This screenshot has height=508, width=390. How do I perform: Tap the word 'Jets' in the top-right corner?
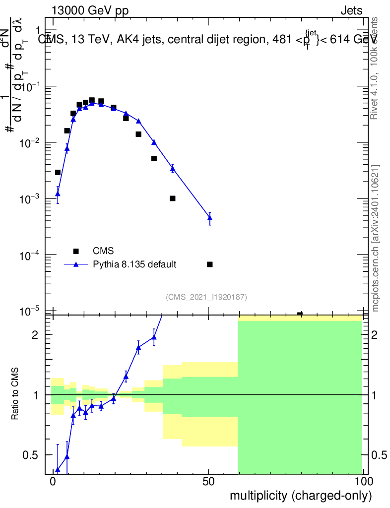click(x=351, y=11)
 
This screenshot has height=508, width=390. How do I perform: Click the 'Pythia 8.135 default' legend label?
click(x=134, y=264)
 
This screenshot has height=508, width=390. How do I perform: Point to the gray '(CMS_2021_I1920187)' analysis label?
click(x=206, y=297)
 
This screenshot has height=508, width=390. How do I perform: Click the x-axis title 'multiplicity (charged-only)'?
click(x=300, y=495)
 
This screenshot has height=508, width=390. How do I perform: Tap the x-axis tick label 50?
click(x=209, y=482)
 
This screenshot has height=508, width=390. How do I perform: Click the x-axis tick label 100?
click(x=363, y=482)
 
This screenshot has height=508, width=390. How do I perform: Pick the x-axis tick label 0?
click(x=53, y=482)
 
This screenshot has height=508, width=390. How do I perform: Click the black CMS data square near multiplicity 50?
click(x=209, y=264)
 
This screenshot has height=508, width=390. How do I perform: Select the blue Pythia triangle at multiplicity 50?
click(x=209, y=218)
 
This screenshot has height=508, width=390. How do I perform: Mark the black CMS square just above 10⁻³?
click(x=172, y=198)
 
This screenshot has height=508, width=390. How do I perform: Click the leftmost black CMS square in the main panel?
click(x=58, y=173)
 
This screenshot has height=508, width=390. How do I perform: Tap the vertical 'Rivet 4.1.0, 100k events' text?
click(x=375, y=68)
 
